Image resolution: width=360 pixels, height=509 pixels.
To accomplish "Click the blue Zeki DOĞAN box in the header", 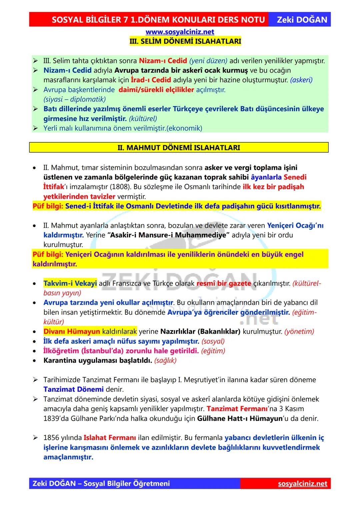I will click(302, 20).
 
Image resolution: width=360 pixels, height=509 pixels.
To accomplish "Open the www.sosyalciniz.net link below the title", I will click(180, 32).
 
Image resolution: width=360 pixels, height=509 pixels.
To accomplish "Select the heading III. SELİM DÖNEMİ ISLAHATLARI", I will click(185, 42).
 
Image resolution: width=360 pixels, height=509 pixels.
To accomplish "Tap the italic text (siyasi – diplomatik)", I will click(74, 99).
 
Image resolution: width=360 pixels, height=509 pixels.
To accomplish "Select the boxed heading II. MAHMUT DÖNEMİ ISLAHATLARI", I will click(179, 148).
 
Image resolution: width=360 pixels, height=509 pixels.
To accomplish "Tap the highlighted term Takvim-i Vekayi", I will click(70, 284).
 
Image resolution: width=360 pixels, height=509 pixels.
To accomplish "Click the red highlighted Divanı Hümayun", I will click(72, 332).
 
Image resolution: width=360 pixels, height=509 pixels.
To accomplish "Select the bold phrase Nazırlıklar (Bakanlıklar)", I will click(200, 332).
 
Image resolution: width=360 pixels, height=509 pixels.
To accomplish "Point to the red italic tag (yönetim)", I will click(299, 332).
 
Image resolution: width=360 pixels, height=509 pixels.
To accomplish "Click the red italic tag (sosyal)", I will click(213, 341).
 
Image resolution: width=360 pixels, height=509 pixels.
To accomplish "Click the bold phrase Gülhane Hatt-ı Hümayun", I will click(240, 419).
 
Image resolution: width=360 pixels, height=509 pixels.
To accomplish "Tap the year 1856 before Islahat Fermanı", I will click(51, 438).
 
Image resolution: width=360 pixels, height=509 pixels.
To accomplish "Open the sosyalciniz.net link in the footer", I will click(302, 484).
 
